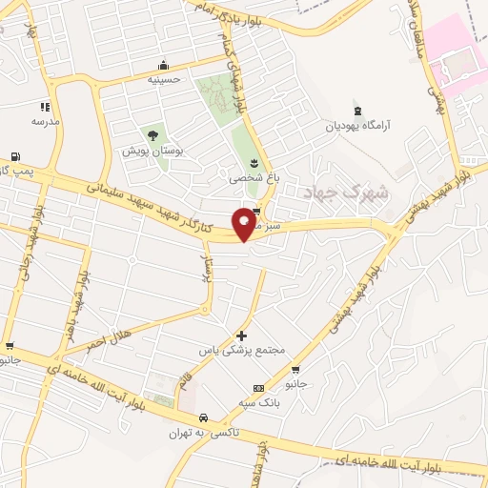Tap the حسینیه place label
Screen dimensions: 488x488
(x=164, y=80)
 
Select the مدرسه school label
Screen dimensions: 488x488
(x=45, y=121)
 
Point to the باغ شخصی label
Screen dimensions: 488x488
(x=252, y=176)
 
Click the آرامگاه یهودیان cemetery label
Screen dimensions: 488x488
(x=358, y=125)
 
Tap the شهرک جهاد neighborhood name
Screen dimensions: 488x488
(x=345, y=192)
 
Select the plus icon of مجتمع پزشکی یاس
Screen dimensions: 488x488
(x=241, y=335)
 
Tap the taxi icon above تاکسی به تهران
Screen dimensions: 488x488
(x=203, y=418)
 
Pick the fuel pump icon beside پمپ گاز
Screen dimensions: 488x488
(x=15, y=156)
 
